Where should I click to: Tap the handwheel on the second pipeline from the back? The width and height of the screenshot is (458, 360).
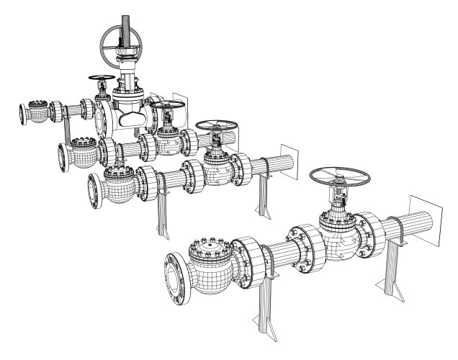[x=164, y=107]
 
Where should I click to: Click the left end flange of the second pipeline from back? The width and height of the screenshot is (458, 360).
[x=62, y=156]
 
